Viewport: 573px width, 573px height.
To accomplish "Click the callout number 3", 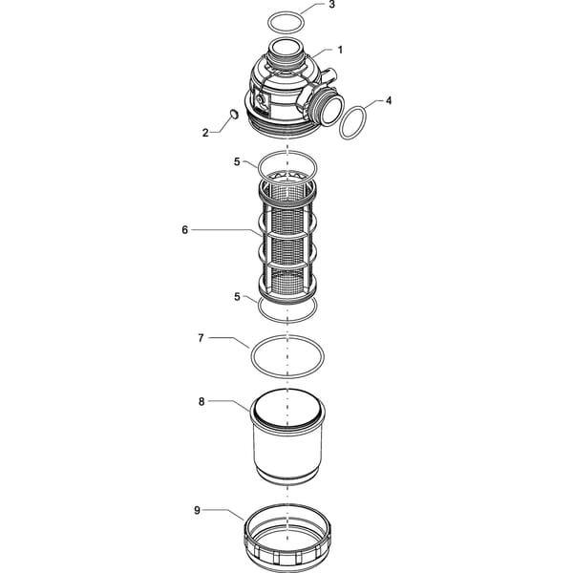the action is pyautogui.click(x=331, y=5).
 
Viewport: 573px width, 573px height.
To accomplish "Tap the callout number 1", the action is pyautogui.click(x=340, y=50).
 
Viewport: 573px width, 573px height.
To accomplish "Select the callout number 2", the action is pyautogui.click(x=205, y=133).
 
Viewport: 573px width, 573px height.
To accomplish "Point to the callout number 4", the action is pyautogui.click(x=389, y=100).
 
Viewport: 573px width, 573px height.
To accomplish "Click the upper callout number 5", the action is pyautogui.click(x=237, y=161).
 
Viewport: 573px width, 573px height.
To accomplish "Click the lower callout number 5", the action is pyautogui.click(x=237, y=297).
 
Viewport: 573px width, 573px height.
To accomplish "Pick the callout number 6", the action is pyautogui.click(x=185, y=230).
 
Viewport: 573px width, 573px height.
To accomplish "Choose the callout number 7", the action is pyautogui.click(x=201, y=338).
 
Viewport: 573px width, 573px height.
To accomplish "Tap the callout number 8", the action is pyautogui.click(x=202, y=402).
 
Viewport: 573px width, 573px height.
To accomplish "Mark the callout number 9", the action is pyautogui.click(x=197, y=510).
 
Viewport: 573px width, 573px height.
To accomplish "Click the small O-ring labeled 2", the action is pyautogui.click(x=234, y=114).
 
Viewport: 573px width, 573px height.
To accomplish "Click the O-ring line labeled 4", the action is pyautogui.click(x=339, y=124).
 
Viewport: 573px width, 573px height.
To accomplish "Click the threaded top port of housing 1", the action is pyautogui.click(x=286, y=52).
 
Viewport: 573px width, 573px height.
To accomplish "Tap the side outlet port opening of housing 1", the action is pyautogui.click(x=331, y=109).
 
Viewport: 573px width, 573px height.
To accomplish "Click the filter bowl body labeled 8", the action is pyautogui.click(x=287, y=438).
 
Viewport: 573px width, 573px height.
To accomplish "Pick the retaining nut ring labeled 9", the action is pyautogui.click(x=287, y=536).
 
